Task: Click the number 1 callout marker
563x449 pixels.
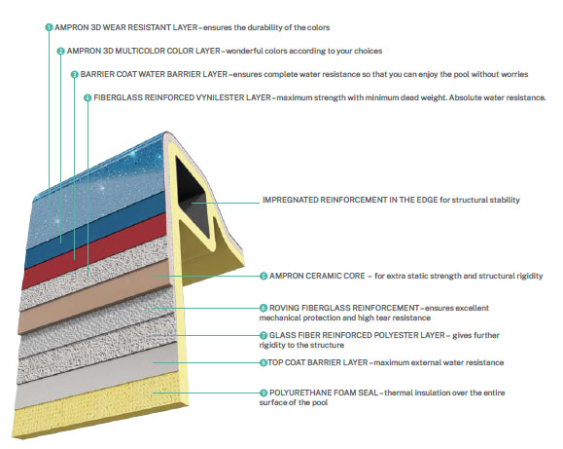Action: [49, 27]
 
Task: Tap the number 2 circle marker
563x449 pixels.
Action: [60, 51]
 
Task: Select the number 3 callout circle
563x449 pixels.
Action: [74, 74]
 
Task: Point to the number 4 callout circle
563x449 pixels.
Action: [88, 97]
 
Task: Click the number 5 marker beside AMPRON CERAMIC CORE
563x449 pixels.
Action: [264, 277]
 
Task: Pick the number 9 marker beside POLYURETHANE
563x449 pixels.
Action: [264, 393]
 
